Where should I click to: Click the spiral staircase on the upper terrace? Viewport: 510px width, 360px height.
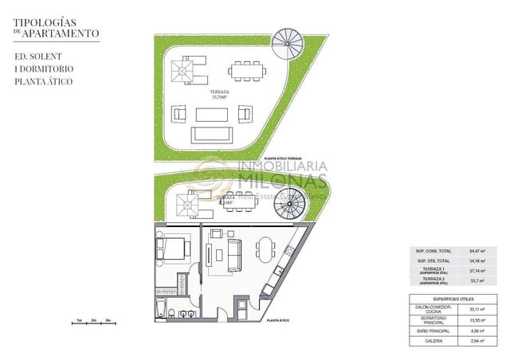[x=287, y=41]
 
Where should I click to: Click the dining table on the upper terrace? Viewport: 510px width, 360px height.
[x=247, y=71]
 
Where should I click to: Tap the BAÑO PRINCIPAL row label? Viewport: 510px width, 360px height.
[x=433, y=330]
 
